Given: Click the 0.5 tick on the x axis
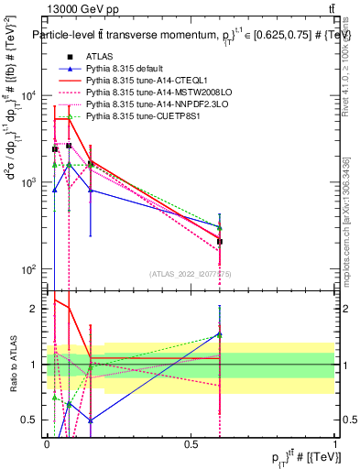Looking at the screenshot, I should (x=191, y=443).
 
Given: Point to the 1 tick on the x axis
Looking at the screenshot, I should (x=336, y=443).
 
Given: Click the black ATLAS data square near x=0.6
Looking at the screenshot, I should (x=220, y=242).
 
